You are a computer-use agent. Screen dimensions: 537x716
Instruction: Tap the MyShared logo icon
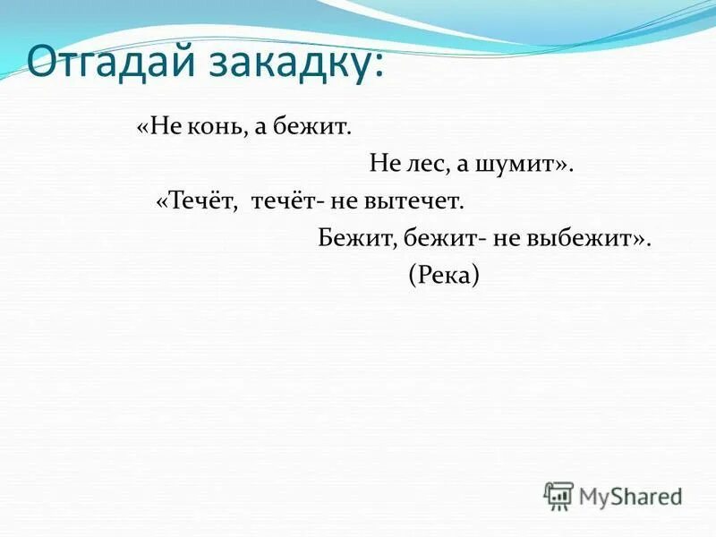point(558,494)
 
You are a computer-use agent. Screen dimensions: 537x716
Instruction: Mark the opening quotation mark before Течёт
point(161,202)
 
